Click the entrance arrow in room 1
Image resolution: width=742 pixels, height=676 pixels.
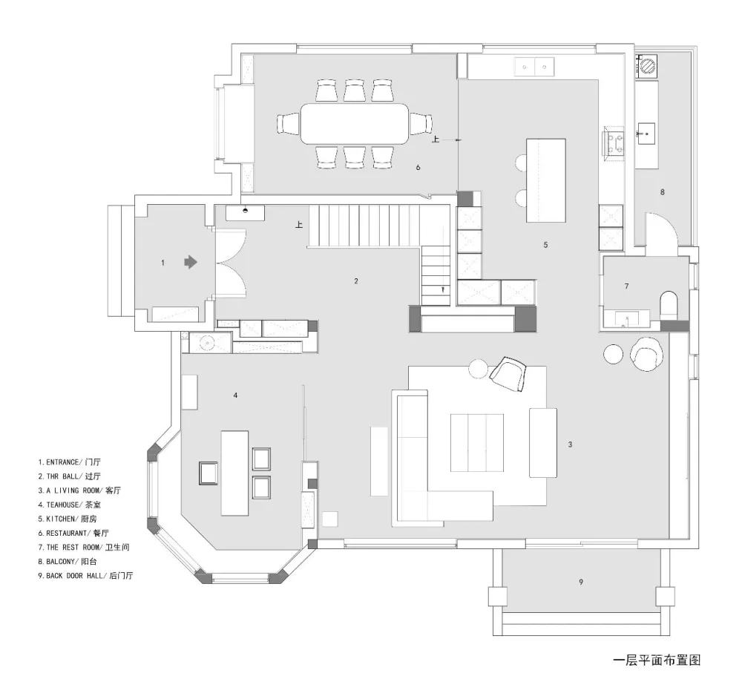point(191,262)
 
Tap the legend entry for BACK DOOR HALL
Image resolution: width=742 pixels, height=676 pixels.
point(90,575)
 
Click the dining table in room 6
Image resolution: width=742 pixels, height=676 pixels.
point(355,124)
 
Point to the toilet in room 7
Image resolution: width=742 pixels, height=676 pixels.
point(669,306)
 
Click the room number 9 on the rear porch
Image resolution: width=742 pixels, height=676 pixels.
point(581,583)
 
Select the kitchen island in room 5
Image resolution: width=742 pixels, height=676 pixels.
point(546,180)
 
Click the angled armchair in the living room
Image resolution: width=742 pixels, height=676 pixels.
point(509,373)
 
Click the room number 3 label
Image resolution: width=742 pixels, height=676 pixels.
point(570,444)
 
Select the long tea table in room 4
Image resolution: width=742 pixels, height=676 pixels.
point(234,473)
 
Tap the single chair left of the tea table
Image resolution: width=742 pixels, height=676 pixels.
point(207,473)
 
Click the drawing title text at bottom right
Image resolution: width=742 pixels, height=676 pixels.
point(656,659)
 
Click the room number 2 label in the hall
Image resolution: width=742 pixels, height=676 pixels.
point(356,281)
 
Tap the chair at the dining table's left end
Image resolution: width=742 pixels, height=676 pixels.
point(288,124)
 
